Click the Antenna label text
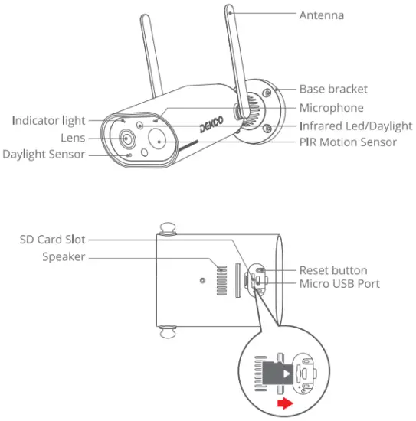(321, 15)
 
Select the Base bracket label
(332, 90)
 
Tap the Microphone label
(331, 108)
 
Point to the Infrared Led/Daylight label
(355, 126)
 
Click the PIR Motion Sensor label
(348, 142)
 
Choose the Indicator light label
(48, 121)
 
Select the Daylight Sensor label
(44, 155)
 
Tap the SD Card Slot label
(52, 240)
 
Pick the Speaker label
(64, 257)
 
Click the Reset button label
(332, 270)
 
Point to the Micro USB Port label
(339, 284)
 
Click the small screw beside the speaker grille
(202, 281)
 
